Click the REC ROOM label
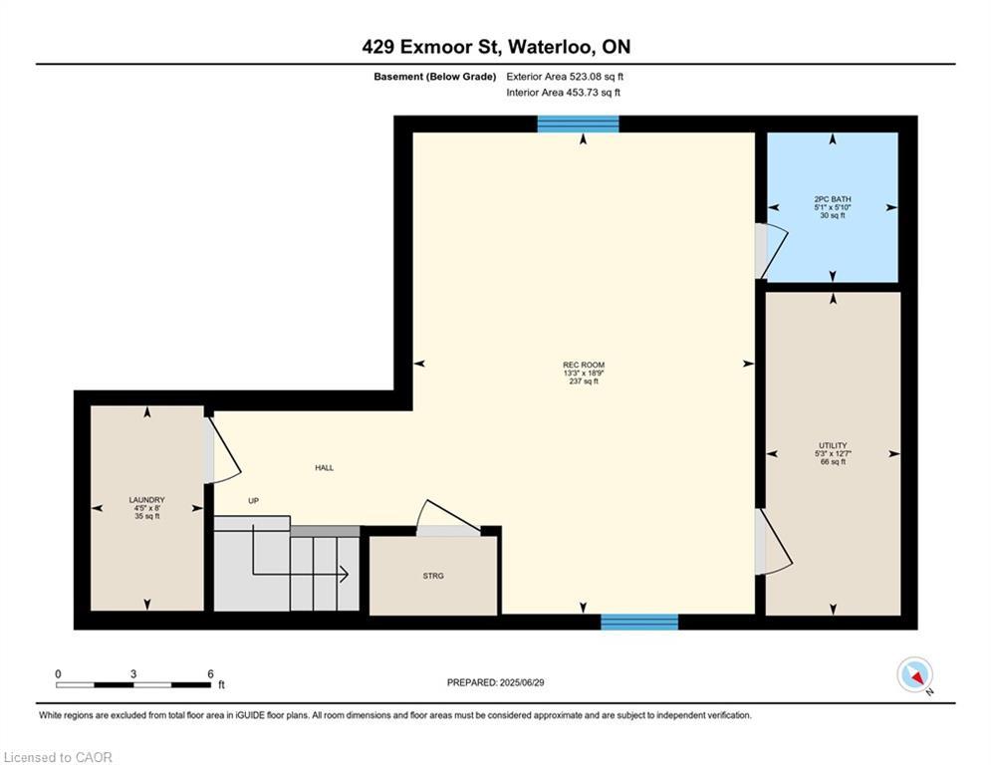(x=583, y=365)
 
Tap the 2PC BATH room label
(x=832, y=199)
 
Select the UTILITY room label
(x=833, y=446)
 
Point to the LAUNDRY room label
(x=146, y=500)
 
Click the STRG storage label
(x=432, y=576)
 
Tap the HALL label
(x=324, y=467)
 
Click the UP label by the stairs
(x=253, y=501)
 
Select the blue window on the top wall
(x=578, y=125)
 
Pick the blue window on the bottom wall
(x=638, y=623)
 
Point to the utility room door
(x=771, y=543)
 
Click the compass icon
(x=913, y=674)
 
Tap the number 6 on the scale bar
(x=210, y=673)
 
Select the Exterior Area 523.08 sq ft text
(x=565, y=76)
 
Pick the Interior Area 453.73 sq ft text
(x=563, y=93)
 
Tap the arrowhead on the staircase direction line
(x=343, y=574)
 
